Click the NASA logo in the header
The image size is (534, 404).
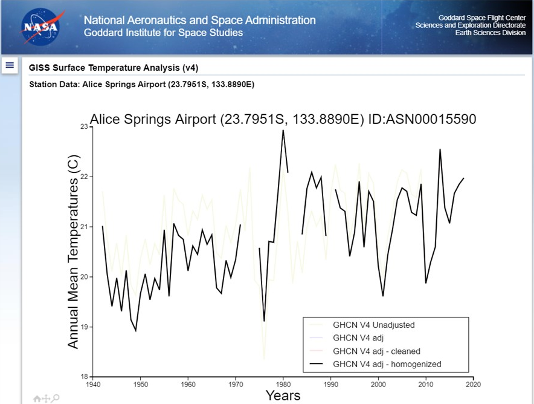(40, 27)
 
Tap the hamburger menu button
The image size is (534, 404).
(10, 65)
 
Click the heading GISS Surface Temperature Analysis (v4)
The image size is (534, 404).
(114, 68)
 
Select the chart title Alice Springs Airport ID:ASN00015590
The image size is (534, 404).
(283, 119)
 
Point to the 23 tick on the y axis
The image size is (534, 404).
(83, 126)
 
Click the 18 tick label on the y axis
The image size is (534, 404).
(83, 377)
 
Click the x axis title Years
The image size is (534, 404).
(283, 396)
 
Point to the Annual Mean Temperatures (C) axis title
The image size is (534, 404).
(73, 251)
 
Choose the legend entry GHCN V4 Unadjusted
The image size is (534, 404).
(374, 325)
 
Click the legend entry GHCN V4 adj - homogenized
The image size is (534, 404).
(387, 364)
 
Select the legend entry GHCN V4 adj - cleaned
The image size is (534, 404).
(376, 351)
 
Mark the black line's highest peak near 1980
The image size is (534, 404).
(283, 131)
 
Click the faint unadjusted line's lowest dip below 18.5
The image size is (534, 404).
(264, 359)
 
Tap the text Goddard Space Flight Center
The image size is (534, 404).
(482, 18)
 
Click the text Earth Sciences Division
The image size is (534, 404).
(490, 33)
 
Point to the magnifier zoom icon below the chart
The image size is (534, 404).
(56, 398)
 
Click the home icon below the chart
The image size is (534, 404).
(37, 399)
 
